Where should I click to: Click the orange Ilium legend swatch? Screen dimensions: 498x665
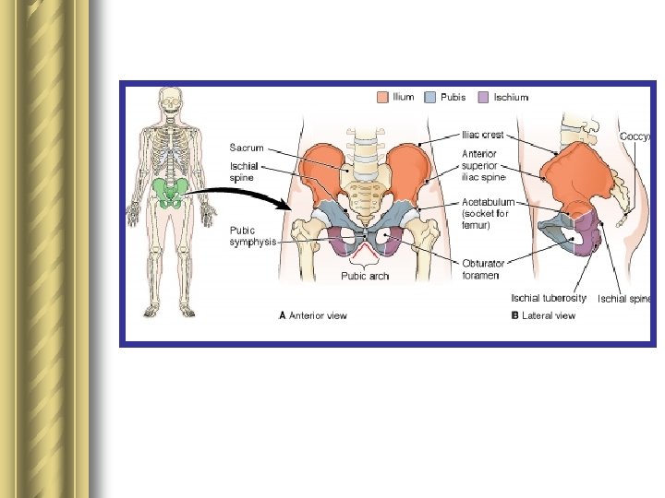(381, 97)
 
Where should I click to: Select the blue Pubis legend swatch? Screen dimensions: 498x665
(429, 97)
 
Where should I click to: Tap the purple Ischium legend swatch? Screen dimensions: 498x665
(482, 97)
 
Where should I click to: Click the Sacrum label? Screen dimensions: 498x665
(247, 148)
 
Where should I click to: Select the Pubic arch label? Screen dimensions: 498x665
(365, 276)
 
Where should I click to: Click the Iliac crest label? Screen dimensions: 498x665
(483, 135)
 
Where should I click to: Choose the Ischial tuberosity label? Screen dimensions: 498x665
(549, 298)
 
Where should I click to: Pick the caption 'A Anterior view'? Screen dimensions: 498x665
(313, 315)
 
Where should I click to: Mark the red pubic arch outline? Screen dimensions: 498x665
(366, 249)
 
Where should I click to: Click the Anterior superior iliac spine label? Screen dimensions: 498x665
(484, 166)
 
